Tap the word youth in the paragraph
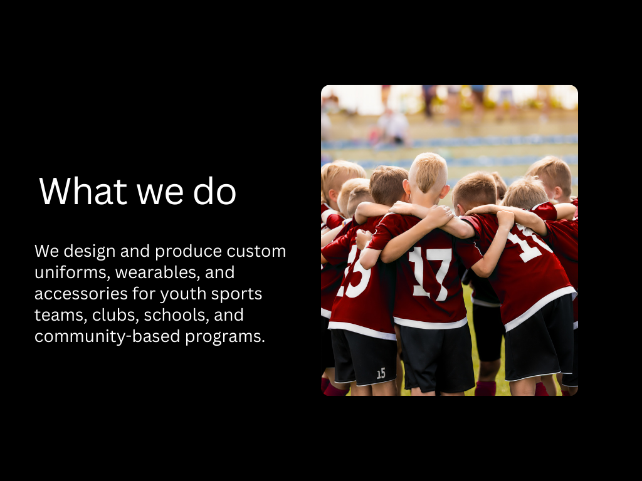click(x=183, y=294)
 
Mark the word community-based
click(x=107, y=336)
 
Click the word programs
click(x=225, y=337)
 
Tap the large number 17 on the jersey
click(x=430, y=273)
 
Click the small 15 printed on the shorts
click(x=381, y=373)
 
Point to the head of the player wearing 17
click(x=428, y=176)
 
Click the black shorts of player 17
click(x=437, y=356)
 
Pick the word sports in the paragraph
click(x=236, y=294)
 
